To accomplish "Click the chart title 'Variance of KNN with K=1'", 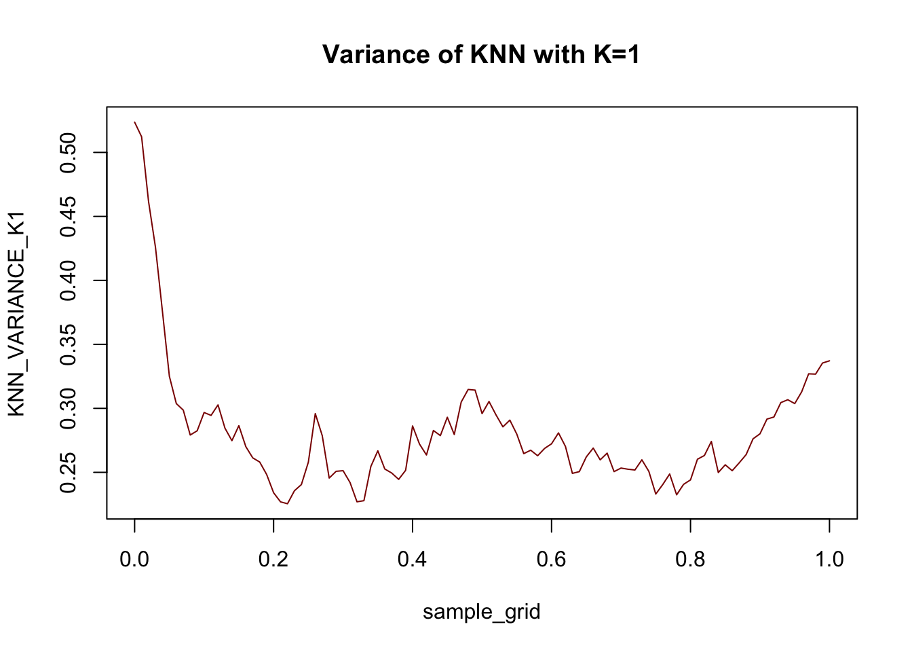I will coord(481,54).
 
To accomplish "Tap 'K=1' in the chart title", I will coord(616,54).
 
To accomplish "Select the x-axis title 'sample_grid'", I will coord(481,612).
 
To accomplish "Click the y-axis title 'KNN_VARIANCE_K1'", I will coord(16,313).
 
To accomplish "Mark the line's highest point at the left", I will coord(135,122).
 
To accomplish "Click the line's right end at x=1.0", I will coord(829,361).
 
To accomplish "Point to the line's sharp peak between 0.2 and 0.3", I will coord(315,414).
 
